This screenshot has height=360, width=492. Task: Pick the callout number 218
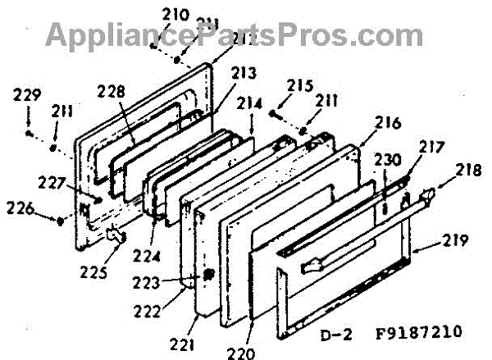(469, 173)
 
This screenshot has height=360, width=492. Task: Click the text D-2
(350, 335)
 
